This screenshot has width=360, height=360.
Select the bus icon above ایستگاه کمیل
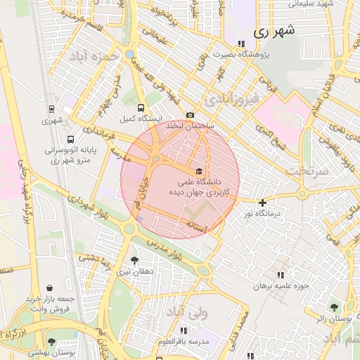[141, 108]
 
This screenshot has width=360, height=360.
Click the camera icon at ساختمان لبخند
[190, 115]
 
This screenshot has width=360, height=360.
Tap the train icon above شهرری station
[51, 110]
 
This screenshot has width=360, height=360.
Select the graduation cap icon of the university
[199, 172]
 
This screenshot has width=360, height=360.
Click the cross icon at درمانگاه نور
[262, 202]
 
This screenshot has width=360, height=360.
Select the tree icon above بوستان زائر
[333, 307]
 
